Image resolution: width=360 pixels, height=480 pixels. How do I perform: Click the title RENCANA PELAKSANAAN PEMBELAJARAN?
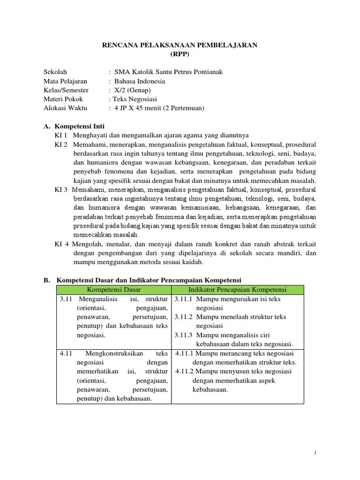(x=180, y=45)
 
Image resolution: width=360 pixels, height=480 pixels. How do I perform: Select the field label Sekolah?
(x=55, y=72)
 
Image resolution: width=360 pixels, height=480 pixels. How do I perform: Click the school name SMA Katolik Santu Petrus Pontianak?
(x=165, y=72)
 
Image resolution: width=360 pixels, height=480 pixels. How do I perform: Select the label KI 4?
(x=62, y=244)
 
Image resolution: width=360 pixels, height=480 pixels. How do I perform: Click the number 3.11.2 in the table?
(x=183, y=317)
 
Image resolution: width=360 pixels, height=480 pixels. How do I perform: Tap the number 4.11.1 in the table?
(x=185, y=353)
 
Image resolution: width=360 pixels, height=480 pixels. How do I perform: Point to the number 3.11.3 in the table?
(x=183, y=335)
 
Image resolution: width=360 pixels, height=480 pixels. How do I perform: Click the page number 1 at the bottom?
(x=316, y=453)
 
